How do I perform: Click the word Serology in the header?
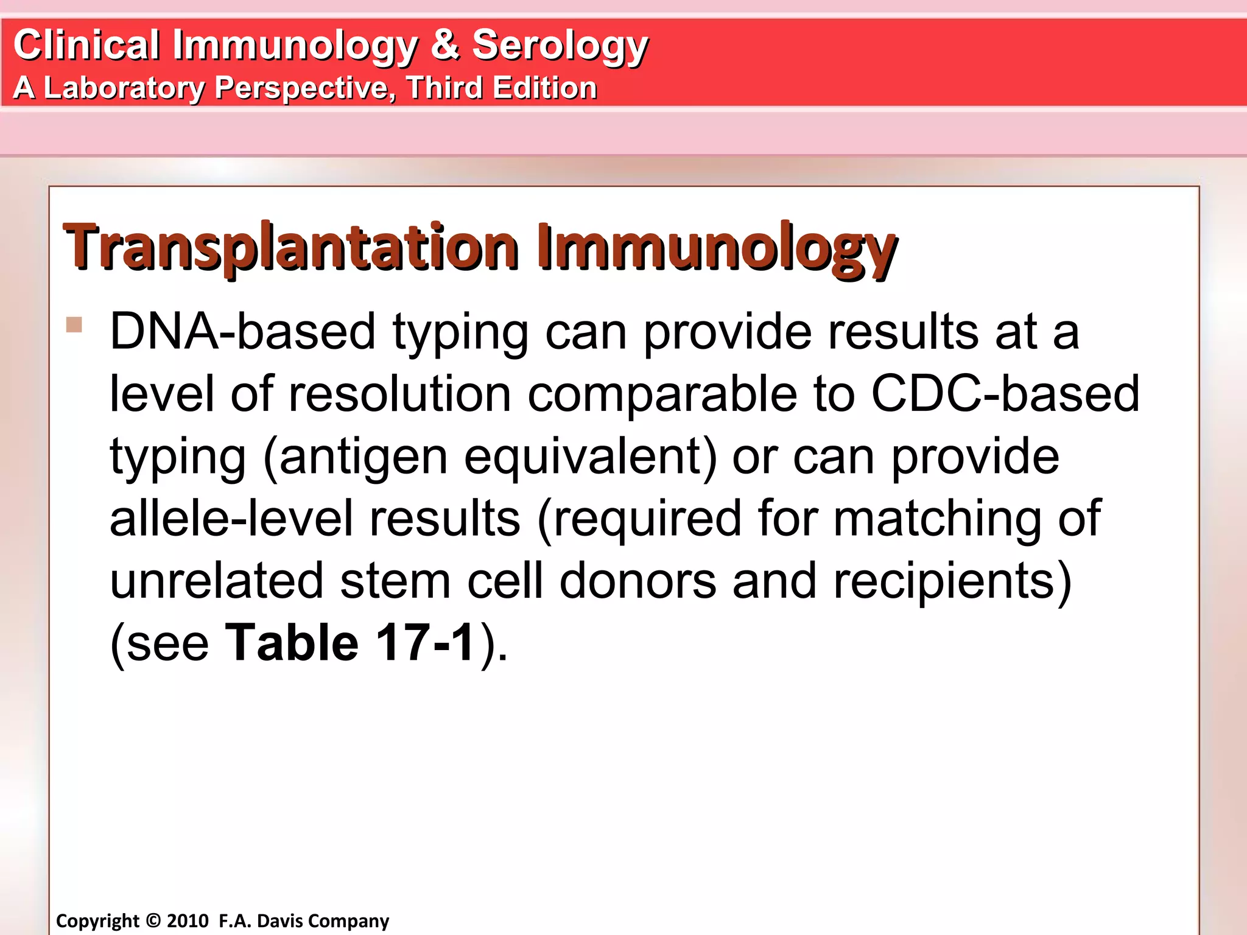tap(559, 46)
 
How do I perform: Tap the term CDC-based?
tap(1005, 394)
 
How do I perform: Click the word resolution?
tap(399, 394)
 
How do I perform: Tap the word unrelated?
tap(216, 581)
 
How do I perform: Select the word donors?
tap(638, 581)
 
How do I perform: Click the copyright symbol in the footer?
tap(153, 920)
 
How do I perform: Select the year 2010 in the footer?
tap(188, 920)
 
